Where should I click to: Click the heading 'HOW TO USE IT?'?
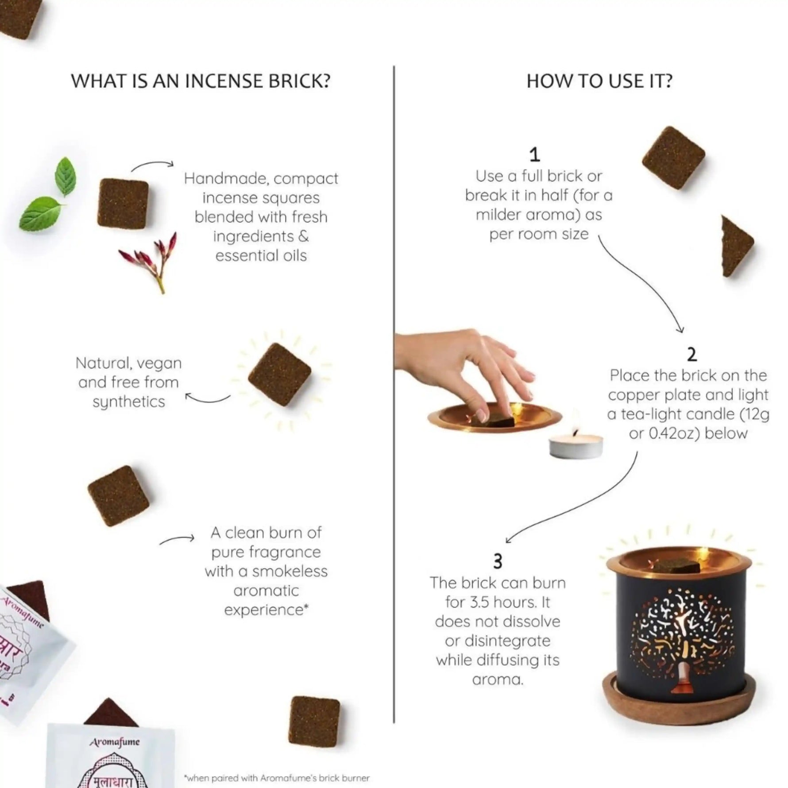(599, 81)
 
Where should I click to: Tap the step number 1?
(535, 155)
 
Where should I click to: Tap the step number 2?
(691, 355)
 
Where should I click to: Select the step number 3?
(498, 562)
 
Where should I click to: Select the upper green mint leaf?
(66, 176)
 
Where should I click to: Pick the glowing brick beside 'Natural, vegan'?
(279, 374)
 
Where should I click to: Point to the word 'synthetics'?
(128, 402)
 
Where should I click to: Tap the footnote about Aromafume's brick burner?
(277, 778)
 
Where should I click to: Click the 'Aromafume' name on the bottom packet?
(115, 742)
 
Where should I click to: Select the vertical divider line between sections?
(394, 398)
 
